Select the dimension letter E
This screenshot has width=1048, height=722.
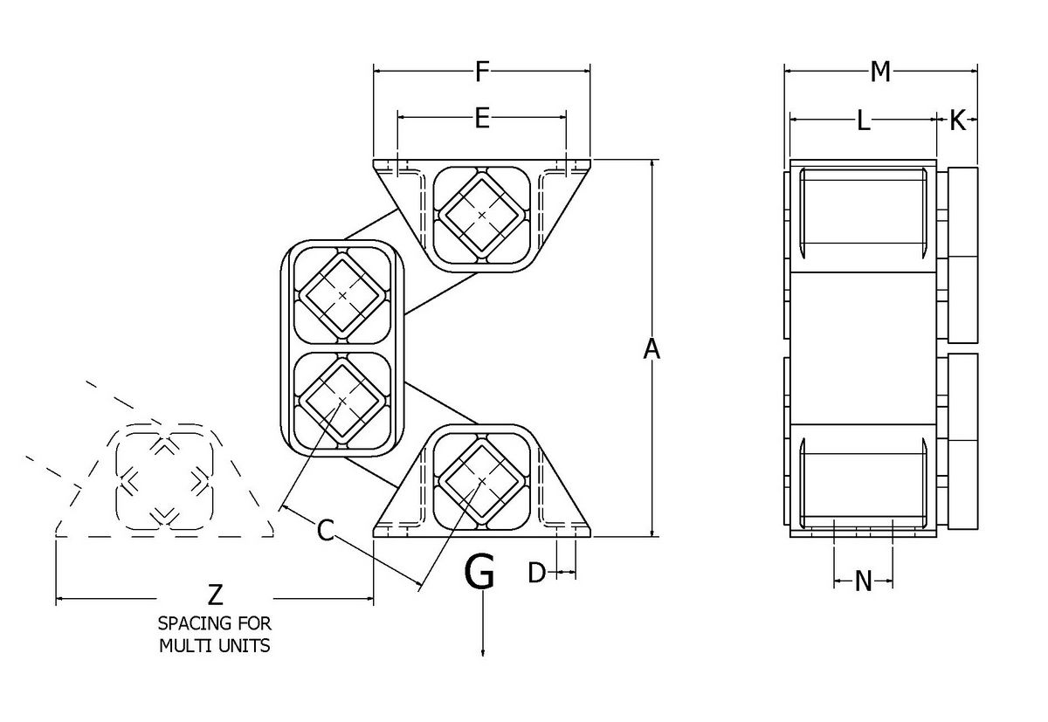click(x=481, y=120)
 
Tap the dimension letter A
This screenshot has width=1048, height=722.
click(x=652, y=349)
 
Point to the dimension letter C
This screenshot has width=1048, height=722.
click(x=325, y=530)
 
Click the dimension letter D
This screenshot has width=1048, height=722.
click(x=537, y=573)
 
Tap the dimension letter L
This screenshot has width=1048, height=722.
click(x=862, y=121)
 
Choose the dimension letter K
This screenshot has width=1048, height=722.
click(x=957, y=121)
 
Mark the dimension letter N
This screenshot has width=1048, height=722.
click(x=863, y=581)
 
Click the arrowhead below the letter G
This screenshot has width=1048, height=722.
click(x=483, y=650)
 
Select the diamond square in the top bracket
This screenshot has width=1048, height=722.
click(x=481, y=213)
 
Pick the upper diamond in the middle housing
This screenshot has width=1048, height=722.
click(x=342, y=297)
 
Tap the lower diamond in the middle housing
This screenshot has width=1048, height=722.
click(x=342, y=400)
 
